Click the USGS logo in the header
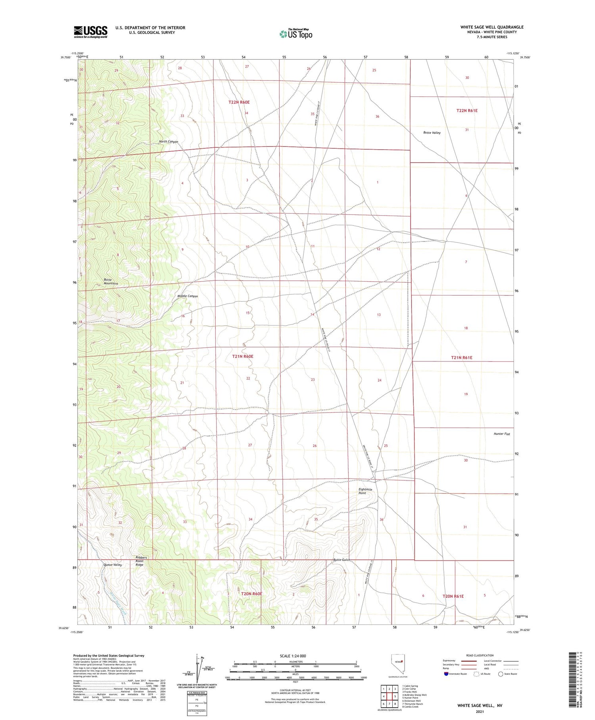tap(90, 32)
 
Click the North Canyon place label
tap(169, 142)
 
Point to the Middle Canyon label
tap(187, 296)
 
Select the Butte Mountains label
tap(111, 282)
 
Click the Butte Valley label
tap(432, 133)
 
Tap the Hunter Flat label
tap(502, 434)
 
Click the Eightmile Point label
tap(365, 491)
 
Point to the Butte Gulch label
tap(342, 560)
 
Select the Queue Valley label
tap(113, 565)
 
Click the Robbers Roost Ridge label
tap(141, 561)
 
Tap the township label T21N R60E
tap(242, 357)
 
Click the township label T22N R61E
tap(467, 111)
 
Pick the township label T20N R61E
tap(453, 596)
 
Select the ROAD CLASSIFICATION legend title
tap(480, 656)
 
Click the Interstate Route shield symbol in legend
tap(446, 674)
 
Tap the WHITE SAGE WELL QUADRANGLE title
tap(491, 27)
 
